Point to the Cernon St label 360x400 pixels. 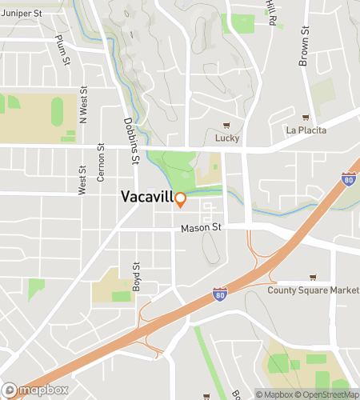tap(101, 158)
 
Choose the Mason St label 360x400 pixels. tap(199, 228)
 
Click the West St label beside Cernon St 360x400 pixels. tap(82, 180)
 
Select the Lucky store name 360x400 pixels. tap(227, 138)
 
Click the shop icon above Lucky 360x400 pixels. tap(227, 126)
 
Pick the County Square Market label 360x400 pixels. tap(313, 290)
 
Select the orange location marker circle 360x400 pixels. tap(181, 198)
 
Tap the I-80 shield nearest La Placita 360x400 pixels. tap(348, 178)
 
